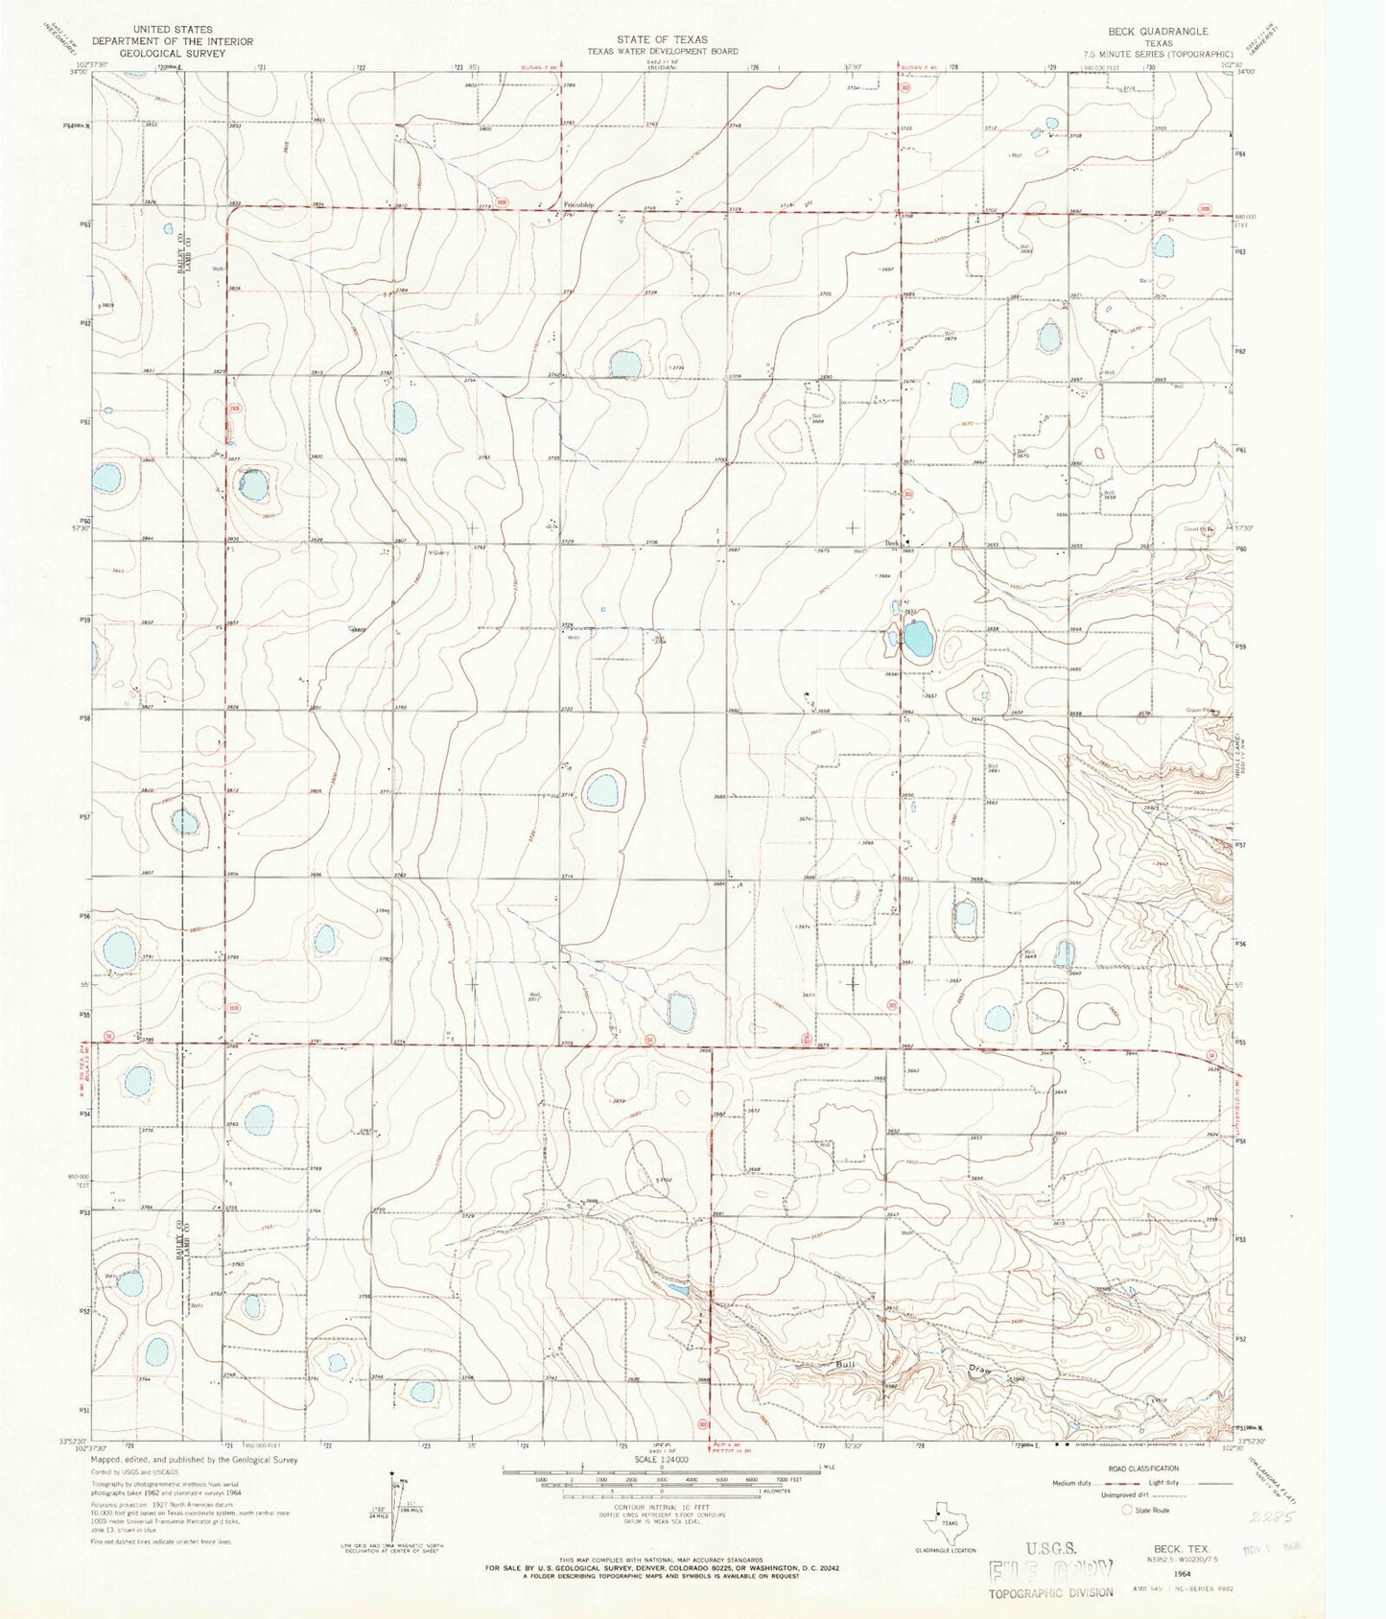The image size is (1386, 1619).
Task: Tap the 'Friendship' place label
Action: click(x=578, y=205)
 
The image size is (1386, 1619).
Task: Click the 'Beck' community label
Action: click(x=892, y=542)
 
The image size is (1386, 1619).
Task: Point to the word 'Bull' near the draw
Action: click(x=844, y=1364)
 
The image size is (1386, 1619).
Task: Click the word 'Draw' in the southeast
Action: click(x=977, y=1369)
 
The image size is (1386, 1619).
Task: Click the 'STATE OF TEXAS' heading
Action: click(x=662, y=40)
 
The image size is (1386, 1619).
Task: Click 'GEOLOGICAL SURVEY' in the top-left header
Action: click(x=172, y=54)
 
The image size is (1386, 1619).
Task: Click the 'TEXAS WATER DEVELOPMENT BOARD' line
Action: click(x=662, y=52)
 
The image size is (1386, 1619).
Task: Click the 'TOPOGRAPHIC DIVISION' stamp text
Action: click(x=1051, y=1593)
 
